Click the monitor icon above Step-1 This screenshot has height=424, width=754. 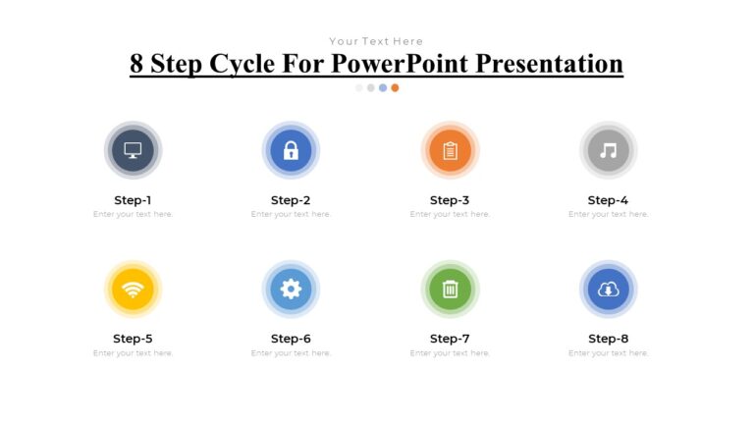133,150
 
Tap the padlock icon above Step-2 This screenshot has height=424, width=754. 291,150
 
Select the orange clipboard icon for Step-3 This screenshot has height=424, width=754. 450,150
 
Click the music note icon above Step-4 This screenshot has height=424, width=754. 608,150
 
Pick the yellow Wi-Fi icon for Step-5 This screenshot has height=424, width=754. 133,289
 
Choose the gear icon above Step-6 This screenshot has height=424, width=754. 291,289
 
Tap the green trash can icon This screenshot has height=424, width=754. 450,289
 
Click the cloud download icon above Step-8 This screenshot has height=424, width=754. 608,289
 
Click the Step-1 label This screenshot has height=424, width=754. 133,200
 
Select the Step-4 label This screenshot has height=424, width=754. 608,200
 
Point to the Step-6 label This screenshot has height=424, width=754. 291,339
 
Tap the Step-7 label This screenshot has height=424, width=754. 450,339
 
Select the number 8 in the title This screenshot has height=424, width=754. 137,64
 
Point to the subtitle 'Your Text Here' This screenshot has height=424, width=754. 376,41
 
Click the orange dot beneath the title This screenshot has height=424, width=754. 395,87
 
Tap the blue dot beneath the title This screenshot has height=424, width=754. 383,87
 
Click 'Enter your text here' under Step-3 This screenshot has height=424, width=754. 450,214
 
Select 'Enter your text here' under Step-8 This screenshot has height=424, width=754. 608,352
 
